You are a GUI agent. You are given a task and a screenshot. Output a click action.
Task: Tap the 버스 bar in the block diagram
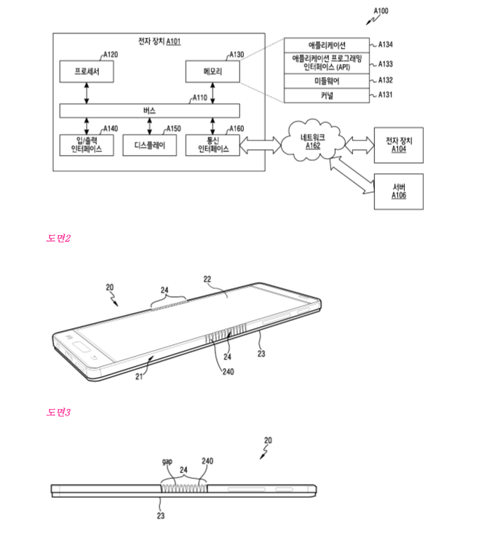150,110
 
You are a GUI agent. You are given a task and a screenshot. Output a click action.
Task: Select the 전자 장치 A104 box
397,144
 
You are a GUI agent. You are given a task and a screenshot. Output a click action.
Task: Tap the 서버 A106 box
398,191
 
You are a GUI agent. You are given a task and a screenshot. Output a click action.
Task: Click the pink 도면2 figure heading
58,238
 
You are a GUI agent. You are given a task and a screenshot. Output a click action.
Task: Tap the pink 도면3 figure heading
58,413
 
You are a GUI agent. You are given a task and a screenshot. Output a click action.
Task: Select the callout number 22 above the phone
207,279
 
